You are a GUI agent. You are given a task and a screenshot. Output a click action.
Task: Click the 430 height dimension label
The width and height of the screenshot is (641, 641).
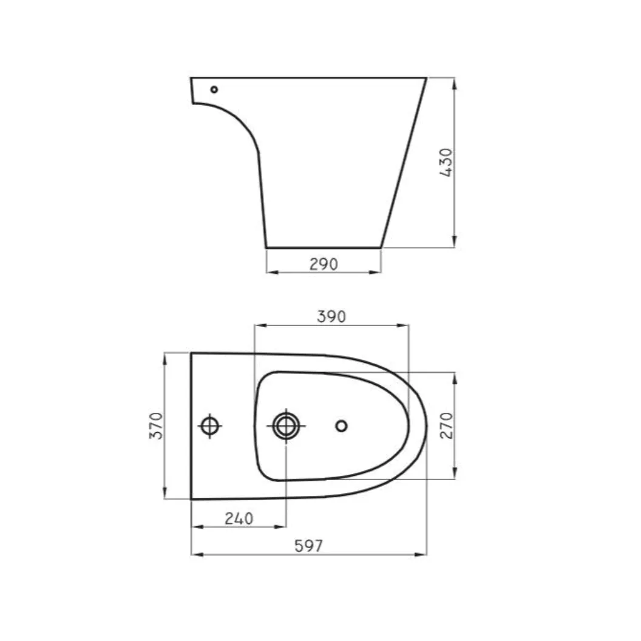pyautogui.click(x=446, y=162)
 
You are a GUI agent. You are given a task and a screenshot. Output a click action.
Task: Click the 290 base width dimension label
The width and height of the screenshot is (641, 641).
pyautogui.click(x=324, y=265)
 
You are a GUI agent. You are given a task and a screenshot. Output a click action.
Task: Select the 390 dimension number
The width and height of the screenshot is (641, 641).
pyautogui.click(x=331, y=316)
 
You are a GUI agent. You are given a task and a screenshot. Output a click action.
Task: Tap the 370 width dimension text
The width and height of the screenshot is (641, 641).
pyautogui.click(x=156, y=426)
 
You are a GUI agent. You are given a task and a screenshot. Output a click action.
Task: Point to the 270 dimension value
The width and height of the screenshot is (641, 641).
pyautogui.click(x=447, y=426)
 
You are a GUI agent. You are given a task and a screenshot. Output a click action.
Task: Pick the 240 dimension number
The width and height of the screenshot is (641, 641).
pyautogui.click(x=239, y=519)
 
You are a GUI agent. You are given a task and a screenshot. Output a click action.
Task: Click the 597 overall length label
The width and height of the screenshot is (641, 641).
pyautogui.click(x=308, y=546)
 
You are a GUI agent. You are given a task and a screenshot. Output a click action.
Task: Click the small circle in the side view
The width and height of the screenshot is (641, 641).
pyautogui.click(x=214, y=89)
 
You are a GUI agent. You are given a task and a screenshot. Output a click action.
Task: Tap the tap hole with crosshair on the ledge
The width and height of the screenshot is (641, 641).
pyautogui.click(x=210, y=426)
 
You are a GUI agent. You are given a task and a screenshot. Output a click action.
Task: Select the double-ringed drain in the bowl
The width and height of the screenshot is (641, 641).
pyautogui.click(x=286, y=426)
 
